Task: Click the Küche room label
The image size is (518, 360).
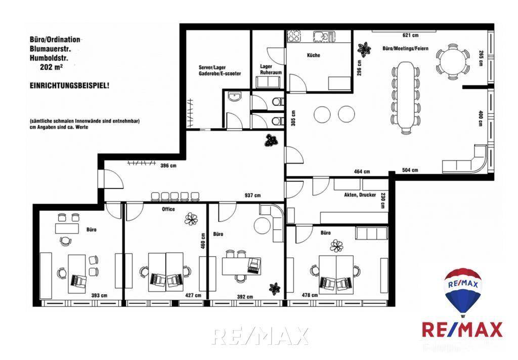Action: (x=314, y=55)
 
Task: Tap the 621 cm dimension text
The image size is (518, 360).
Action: (x=410, y=35)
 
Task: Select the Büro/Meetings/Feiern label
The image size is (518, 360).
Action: (x=405, y=48)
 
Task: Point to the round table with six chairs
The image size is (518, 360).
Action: (x=453, y=61)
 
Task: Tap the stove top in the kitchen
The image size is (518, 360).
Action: (x=294, y=36)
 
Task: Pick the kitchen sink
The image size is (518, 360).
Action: (x=324, y=36)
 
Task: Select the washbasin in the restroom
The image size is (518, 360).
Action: (x=235, y=97)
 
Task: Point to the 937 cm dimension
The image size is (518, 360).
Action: (x=252, y=195)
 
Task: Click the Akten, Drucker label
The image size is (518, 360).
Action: (x=360, y=195)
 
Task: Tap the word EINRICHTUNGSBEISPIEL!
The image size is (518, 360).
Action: (x=69, y=86)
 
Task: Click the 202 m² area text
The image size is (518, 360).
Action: (x=52, y=67)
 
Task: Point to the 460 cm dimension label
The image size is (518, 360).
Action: (x=203, y=241)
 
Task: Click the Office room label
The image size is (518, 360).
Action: (x=168, y=209)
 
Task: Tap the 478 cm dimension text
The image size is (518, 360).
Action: (x=310, y=295)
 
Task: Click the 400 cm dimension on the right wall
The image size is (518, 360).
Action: (x=481, y=118)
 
